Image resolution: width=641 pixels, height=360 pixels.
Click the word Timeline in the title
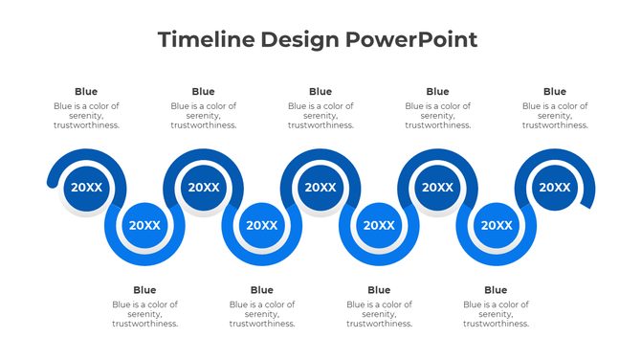pos(197,40)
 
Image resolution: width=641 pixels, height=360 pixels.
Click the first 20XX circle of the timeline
pos(86,188)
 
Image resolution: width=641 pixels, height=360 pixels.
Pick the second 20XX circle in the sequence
pos(144,225)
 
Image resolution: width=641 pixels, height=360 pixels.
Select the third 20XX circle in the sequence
pos(203,188)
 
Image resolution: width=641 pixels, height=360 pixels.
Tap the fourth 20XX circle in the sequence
pos(261,225)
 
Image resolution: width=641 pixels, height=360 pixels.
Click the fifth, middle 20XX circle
pos(320,188)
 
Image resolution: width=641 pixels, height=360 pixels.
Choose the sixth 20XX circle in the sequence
pos(379,225)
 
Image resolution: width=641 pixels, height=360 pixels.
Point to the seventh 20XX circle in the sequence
pos(437,188)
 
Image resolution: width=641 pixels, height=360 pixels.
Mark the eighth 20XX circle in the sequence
pos(496,225)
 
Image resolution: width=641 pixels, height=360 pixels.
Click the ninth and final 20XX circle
pos(554,188)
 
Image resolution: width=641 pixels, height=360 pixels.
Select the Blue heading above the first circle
pos(86,92)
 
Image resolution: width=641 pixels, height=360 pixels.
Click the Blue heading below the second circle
pos(144,290)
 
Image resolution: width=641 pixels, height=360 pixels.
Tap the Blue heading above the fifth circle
pos(320,92)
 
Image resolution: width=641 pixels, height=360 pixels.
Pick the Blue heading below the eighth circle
pos(496,290)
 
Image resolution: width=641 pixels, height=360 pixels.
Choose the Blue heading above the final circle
pos(554,92)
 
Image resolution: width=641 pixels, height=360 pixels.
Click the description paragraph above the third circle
pos(203,116)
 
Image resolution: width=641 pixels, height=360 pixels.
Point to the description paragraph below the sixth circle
pos(379,314)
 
